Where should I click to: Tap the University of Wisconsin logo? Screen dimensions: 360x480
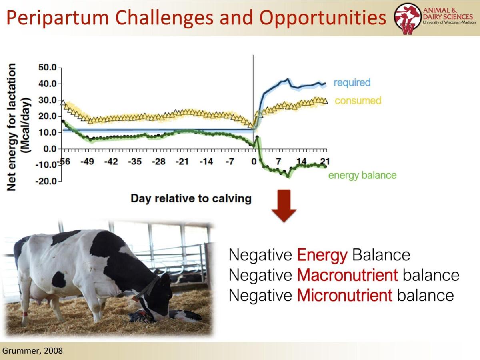click(x=408, y=18)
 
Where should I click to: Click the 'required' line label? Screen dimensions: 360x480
click(x=352, y=82)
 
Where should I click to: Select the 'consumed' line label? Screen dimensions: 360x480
click(x=358, y=100)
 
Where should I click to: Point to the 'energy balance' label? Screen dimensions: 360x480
click(x=362, y=175)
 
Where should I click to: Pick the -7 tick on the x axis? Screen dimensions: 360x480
click(x=229, y=162)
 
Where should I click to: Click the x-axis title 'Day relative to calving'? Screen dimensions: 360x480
click(x=191, y=198)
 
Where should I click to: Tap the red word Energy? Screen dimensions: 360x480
click(x=322, y=255)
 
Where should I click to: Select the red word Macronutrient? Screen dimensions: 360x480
click(x=348, y=275)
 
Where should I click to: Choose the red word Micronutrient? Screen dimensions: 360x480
click(x=345, y=295)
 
